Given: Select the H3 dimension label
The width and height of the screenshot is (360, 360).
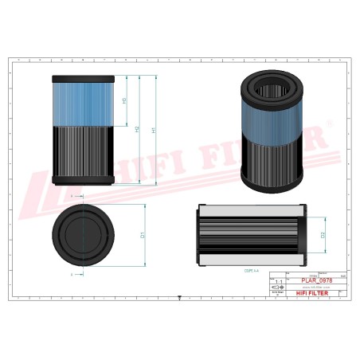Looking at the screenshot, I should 124,101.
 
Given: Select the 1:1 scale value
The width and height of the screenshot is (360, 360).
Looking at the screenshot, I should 277,283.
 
